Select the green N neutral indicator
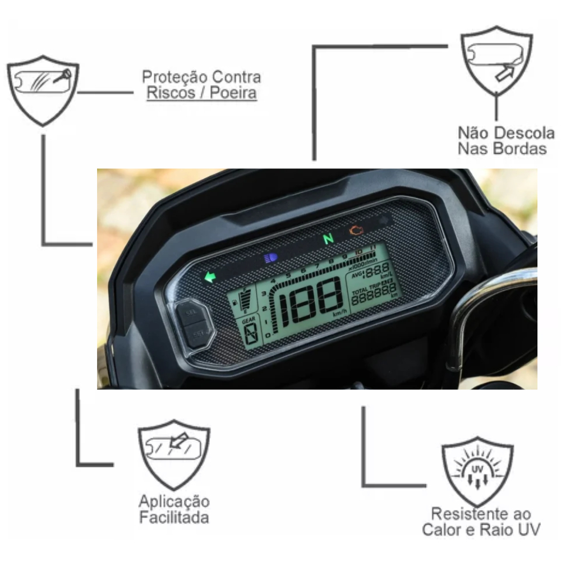coord(328,240)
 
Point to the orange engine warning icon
coord(355,230)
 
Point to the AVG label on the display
coord(357,275)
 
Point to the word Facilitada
coord(174,517)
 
